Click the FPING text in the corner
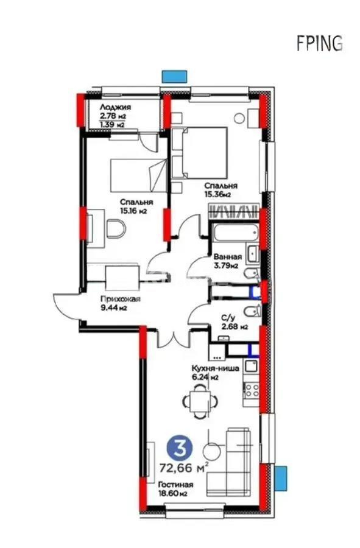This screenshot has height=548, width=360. pyautogui.click(x=319, y=43)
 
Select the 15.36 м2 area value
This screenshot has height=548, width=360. pyautogui.click(x=217, y=195)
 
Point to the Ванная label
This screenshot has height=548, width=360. pyautogui.click(x=227, y=256)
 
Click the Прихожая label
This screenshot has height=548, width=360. pyautogui.click(x=120, y=299)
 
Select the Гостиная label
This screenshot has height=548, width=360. pyautogui.click(x=175, y=485)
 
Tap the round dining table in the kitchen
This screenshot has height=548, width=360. pyautogui.click(x=200, y=401)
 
